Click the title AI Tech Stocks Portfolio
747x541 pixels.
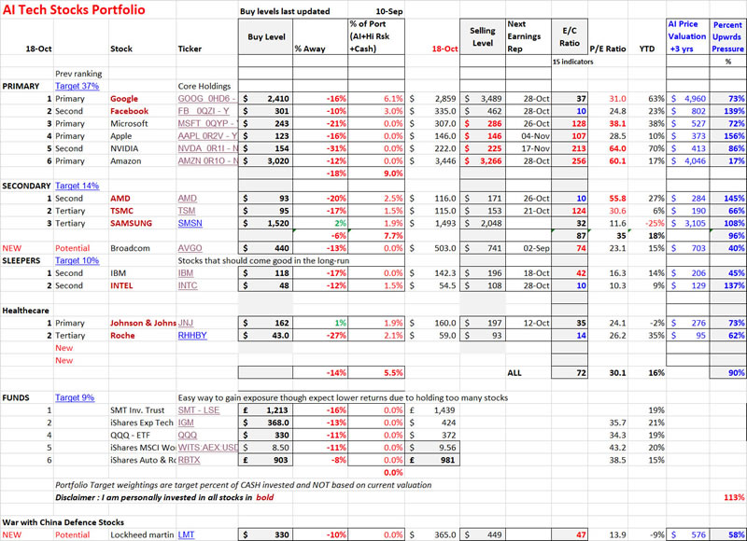click(x=72, y=12)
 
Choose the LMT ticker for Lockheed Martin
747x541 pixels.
click(x=188, y=534)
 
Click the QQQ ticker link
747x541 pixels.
click(x=188, y=434)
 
